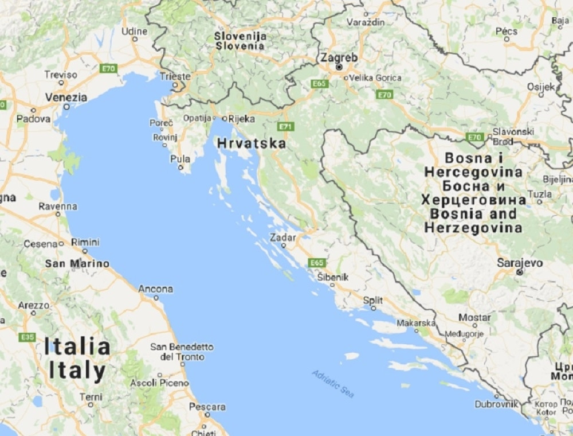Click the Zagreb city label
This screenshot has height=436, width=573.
coord(339,57)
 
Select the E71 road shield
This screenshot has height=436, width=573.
coord(285,126)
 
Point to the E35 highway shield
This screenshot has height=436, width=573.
coord(27,337)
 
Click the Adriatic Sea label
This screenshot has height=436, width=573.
coord(333,383)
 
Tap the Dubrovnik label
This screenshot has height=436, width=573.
coord(496,404)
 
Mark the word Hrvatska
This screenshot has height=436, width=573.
coord(252,143)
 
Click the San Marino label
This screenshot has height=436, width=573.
coord(77,264)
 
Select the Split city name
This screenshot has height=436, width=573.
coord(373,300)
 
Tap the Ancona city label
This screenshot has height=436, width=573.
coord(155,289)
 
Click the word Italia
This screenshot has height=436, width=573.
coord(77,347)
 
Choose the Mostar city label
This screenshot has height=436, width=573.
coord(474,317)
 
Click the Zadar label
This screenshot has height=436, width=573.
coord(284,237)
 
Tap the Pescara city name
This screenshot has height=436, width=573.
coord(207,407)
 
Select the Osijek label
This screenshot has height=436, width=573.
coord(541,87)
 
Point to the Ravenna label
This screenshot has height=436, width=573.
coord(58,206)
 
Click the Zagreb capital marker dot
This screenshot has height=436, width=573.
coord(339,67)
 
